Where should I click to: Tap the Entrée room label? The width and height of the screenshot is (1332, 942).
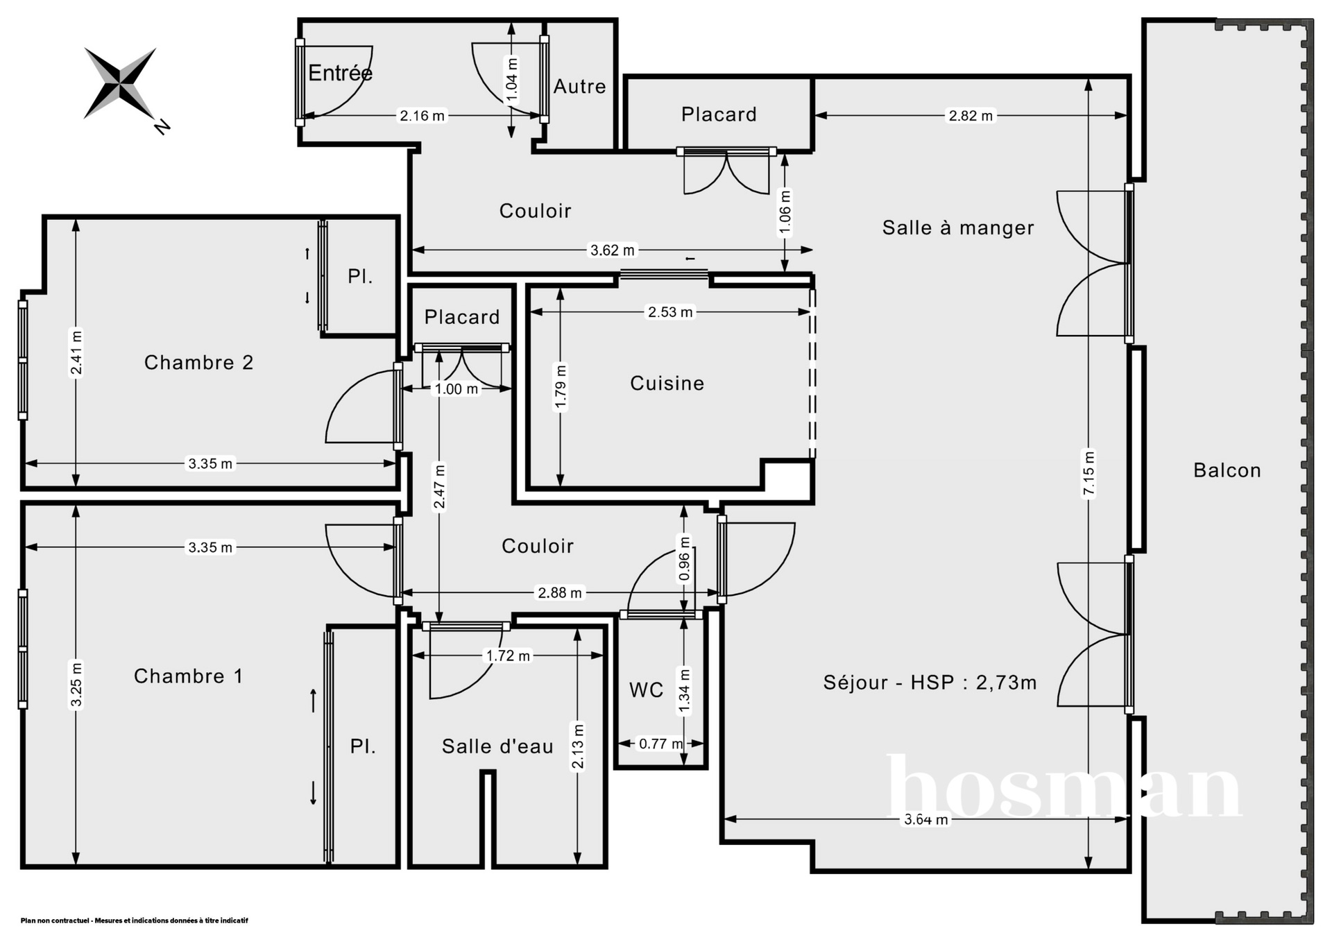pos(340,73)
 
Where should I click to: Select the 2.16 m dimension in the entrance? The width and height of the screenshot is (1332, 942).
pos(422,116)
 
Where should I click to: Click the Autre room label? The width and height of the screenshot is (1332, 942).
pos(579,87)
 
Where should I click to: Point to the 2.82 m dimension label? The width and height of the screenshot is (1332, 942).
pos(971,116)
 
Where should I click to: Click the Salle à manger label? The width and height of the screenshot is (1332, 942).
pos(958,228)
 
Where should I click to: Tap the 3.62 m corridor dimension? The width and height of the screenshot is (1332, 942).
pos(612,250)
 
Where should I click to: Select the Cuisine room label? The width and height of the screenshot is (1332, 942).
pos(667,383)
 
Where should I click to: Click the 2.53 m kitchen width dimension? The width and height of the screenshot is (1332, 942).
pos(670,312)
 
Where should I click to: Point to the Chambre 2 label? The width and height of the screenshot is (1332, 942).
pos(198,362)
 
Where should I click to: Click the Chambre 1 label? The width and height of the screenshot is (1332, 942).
pos(188,676)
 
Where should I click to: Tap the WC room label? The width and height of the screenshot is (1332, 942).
pos(647,690)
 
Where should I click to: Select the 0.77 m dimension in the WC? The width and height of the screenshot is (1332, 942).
pos(660,744)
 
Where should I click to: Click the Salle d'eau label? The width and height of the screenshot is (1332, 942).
pos(497,746)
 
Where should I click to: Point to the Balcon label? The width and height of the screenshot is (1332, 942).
pos(1227,470)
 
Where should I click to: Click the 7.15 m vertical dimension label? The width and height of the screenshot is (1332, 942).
pos(1088,474)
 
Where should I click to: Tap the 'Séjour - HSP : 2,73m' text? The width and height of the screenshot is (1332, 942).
pos(930,683)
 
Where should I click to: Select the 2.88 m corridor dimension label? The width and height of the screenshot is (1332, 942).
pos(560,593)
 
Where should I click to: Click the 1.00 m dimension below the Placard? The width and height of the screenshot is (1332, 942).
pos(456,389)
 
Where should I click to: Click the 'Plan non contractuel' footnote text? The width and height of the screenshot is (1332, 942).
pos(134,920)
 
